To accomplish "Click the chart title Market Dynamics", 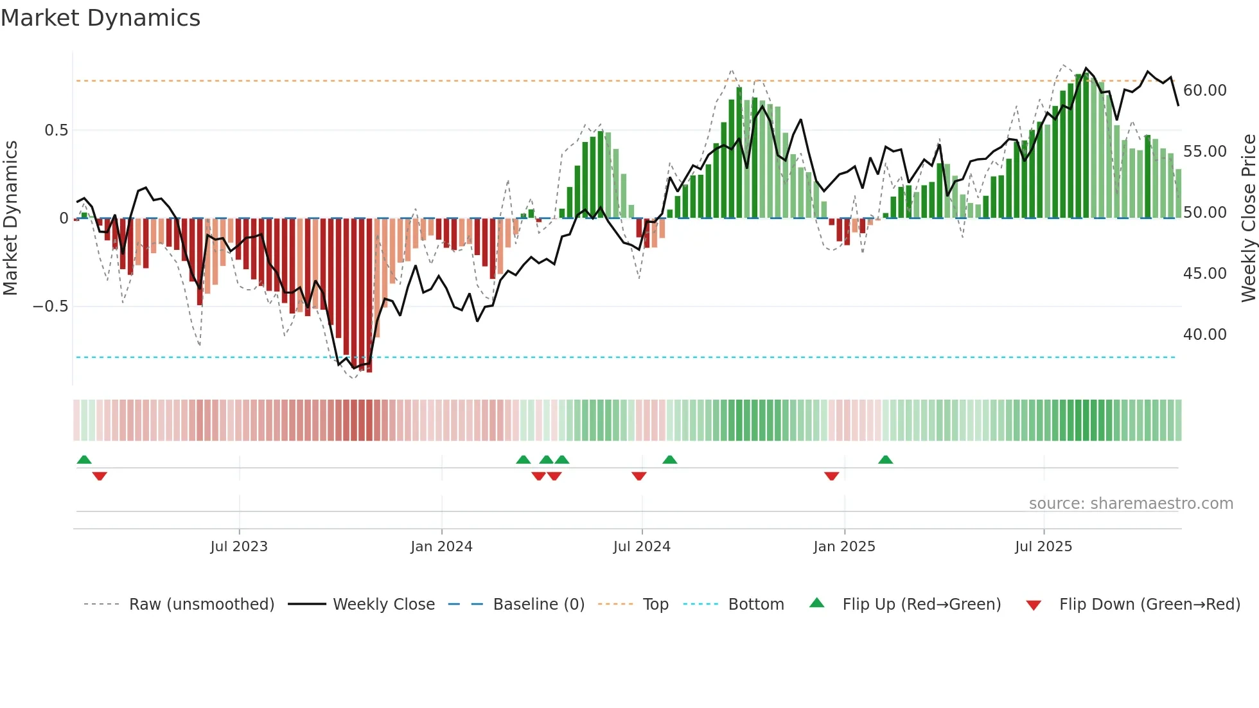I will tap(100, 18).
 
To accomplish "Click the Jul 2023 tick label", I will tap(239, 547).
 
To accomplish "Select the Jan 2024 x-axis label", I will tap(441, 547).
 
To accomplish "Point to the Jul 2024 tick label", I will tap(642, 547).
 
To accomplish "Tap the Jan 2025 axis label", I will tap(844, 547).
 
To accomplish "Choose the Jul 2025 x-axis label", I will tap(1044, 547).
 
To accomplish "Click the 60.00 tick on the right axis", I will tap(1205, 91).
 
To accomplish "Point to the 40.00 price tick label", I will tap(1205, 335).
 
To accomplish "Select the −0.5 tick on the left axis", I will tap(50, 306).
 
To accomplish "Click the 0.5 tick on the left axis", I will tap(56, 130).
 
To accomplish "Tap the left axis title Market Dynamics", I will tap(10, 218).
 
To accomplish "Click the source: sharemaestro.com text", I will tap(1131, 504).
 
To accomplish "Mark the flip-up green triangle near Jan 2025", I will tap(885, 459).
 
